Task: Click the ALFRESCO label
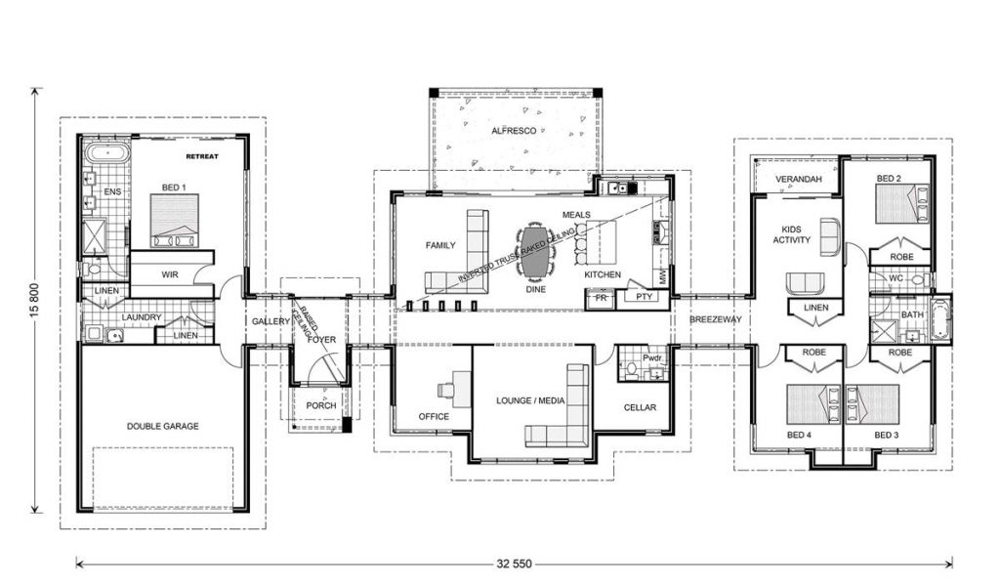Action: coord(514,131)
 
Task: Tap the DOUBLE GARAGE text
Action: coord(163,426)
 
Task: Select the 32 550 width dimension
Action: coord(514,564)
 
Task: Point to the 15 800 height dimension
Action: coord(35,300)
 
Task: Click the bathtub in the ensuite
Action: coord(107,153)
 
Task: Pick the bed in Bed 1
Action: coord(174,221)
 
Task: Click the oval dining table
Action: coord(535,250)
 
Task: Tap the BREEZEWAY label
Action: coord(716,318)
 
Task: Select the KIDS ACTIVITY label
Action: coord(791,234)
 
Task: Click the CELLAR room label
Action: coord(640,407)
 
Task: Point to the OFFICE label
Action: coord(434,416)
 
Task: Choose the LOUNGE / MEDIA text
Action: coord(530,400)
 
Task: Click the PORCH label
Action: coord(320,405)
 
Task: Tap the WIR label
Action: coord(170,274)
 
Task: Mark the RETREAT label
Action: coord(202,156)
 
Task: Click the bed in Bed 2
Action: coord(903,203)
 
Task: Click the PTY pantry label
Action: coord(645,297)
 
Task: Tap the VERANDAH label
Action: coord(799,179)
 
